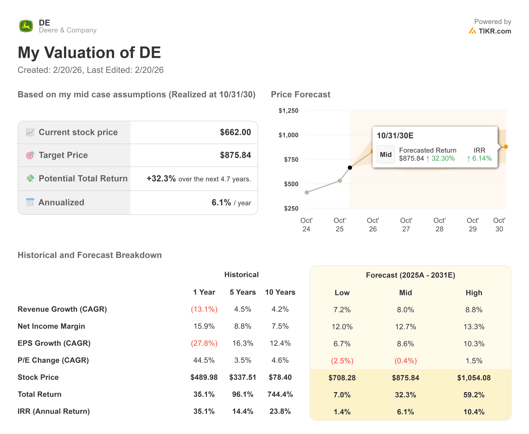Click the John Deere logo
click(x=26, y=26)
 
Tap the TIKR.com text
click(x=494, y=31)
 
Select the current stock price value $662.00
click(x=235, y=132)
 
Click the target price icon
click(x=30, y=155)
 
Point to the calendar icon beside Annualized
click(x=30, y=202)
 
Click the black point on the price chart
click(x=350, y=167)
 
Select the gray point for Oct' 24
click(x=307, y=192)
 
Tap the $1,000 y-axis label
click(x=288, y=135)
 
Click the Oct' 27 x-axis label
click(x=406, y=224)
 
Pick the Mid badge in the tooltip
click(x=386, y=154)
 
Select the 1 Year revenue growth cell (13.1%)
click(x=204, y=309)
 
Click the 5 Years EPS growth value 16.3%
click(x=243, y=343)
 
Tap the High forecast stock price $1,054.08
click(x=474, y=378)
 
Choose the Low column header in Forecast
click(x=342, y=293)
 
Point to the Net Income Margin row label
click(x=51, y=326)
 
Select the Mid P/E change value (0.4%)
click(x=405, y=361)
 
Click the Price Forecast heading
click(x=300, y=95)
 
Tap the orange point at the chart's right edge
click(x=506, y=147)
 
